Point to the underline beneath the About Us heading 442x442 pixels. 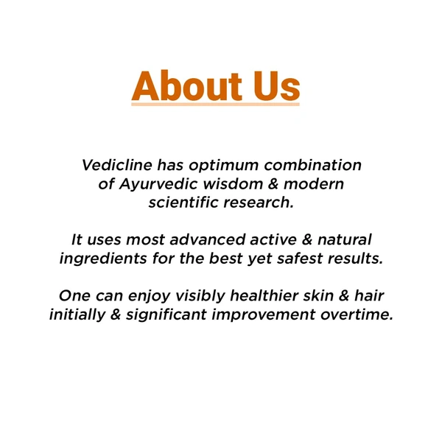pos(215,105)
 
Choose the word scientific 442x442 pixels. pos(183,202)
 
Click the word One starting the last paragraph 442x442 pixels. pos(75,296)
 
